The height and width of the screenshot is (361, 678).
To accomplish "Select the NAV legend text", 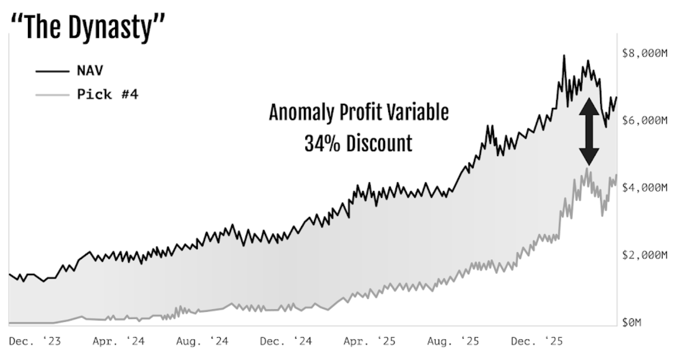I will (90, 71).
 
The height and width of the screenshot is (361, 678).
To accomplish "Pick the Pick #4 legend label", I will (107, 94).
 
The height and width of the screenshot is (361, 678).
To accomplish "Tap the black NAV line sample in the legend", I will (52, 71).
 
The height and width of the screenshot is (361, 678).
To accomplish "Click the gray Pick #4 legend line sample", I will (52, 95).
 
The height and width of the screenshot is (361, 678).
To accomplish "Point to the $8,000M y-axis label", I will (645, 53).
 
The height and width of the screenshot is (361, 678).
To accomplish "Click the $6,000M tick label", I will (645, 121).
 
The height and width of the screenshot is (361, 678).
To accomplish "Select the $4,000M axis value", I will (645, 188).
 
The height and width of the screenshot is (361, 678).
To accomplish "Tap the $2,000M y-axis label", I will (645, 255).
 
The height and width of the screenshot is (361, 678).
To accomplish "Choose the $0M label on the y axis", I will (631, 322).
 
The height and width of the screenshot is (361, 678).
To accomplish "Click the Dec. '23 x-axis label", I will (35, 342).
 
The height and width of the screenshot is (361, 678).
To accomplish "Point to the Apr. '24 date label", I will (119, 342).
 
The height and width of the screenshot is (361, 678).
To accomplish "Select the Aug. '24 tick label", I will (202, 342).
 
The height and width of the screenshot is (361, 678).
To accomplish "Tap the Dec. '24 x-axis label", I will (286, 342).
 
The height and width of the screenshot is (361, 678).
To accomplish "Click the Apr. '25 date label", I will (370, 342).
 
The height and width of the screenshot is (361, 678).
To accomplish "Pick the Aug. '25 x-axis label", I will (453, 342).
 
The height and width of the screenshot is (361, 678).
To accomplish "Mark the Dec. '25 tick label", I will (537, 342).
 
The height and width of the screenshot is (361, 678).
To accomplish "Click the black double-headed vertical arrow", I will (589, 131).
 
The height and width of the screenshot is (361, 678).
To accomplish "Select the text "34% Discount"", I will (358, 143).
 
